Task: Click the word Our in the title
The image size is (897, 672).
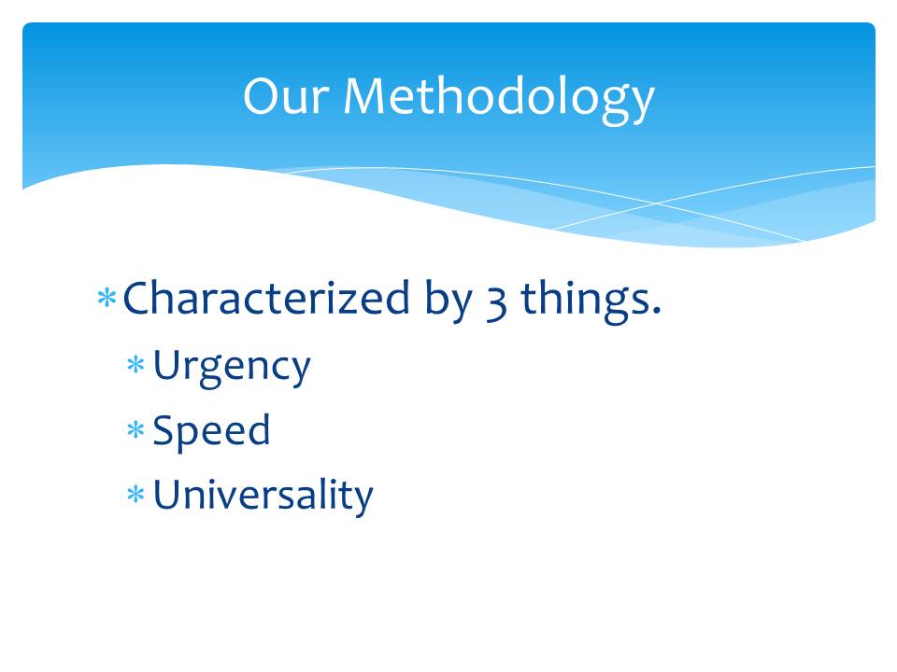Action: [x=286, y=96]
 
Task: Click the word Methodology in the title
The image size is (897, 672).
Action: [x=499, y=100]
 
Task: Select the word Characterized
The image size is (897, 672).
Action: [x=266, y=298]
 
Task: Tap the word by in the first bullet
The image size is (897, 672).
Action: [x=448, y=301]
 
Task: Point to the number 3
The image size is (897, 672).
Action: [x=496, y=303]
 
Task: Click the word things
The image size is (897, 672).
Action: [x=584, y=301]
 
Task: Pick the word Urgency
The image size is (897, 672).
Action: [x=232, y=368]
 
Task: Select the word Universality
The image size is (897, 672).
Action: [x=263, y=495]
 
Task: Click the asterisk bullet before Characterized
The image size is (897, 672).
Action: [x=107, y=298]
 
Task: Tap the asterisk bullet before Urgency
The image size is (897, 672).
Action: [x=135, y=364]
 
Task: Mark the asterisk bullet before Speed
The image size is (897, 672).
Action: [x=135, y=429]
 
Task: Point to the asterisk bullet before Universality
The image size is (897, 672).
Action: [x=135, y=494]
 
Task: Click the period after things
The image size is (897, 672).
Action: [x=656, y=311]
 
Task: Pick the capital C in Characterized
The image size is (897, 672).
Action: [x=138, y=298]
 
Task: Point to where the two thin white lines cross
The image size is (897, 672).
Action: [x=656, y=203]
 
